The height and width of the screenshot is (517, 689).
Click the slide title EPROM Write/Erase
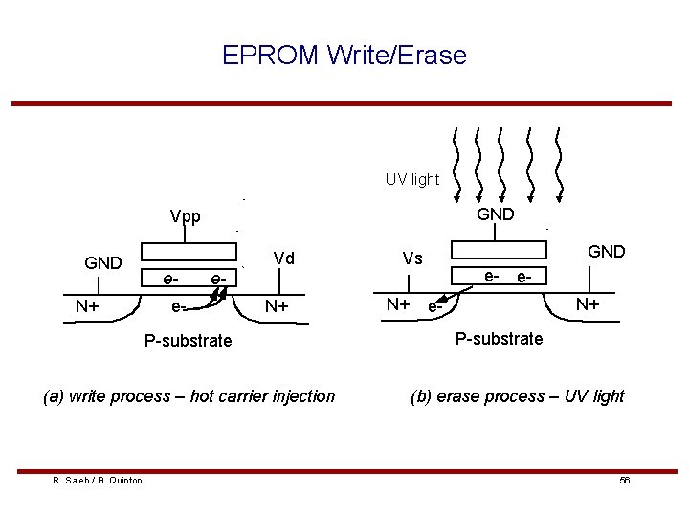[x=344, y=56]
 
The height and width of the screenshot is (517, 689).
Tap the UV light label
[x=412, y=179]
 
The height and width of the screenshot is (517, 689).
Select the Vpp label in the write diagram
[x=185, y=216]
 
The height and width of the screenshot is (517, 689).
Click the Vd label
[x=283, y=258]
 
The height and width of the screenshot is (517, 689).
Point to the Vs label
[x=412, y=258]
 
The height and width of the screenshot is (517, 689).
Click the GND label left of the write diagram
[x=102, y=262]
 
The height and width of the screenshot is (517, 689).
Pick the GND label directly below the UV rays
[x=495, y=214]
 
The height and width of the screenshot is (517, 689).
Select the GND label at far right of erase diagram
[x=606, y=252]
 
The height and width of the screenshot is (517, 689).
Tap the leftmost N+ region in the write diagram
[x=90, y=306]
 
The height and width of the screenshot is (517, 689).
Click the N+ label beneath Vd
[x=278, y=306]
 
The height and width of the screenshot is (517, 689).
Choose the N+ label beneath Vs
[x=398, y=304]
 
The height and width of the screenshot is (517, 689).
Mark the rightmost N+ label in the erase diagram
[x=588, y=304]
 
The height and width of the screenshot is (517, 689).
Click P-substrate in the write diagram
[x=188, y=340]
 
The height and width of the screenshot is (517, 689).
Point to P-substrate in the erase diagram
[x=499, y=338]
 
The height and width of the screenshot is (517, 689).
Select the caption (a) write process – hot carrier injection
[x=189, y=395]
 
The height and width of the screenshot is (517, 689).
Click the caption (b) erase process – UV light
[x=517, y=395]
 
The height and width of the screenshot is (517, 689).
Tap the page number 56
[x=624, y=480]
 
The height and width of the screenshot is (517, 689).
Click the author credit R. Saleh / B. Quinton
[x=98, y=480]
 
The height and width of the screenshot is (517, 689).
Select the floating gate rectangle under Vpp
[x=188, y=251]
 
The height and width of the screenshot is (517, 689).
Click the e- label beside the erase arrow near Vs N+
[x=435, y=308]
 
